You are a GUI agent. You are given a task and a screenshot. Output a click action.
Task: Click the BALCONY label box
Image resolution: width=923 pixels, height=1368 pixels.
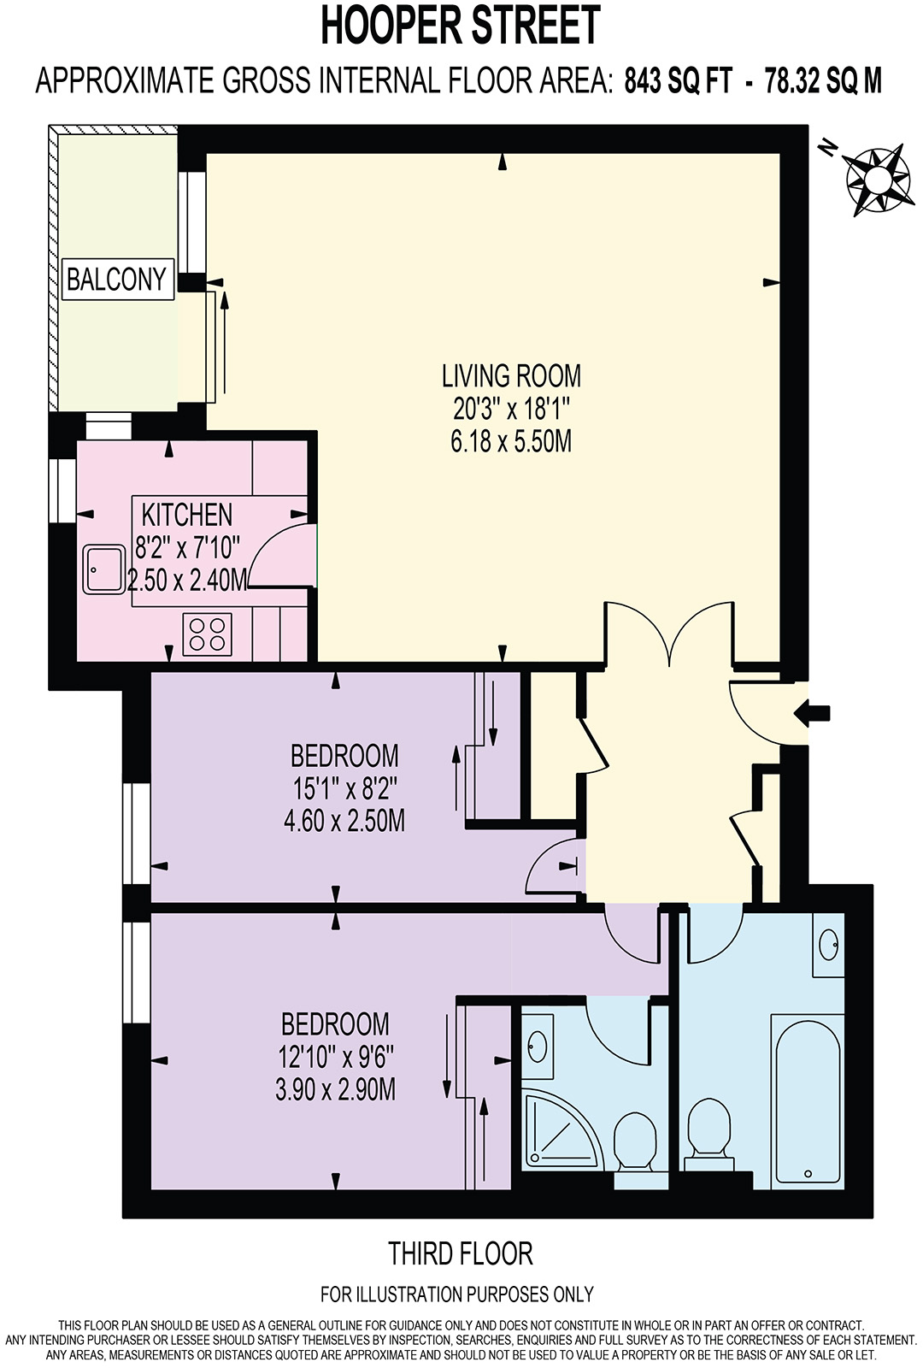(x=118, y=280)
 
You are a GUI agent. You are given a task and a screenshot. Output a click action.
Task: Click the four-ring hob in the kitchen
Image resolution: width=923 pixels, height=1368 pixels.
(x=208, y=634)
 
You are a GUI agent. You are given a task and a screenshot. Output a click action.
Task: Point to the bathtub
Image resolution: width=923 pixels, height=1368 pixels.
(x=807, y=1100)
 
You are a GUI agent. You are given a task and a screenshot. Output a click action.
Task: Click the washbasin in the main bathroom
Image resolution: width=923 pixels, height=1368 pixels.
(x=828, y=945)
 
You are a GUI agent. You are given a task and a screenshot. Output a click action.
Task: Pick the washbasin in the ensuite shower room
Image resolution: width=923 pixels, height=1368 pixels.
(x=538, y=1045)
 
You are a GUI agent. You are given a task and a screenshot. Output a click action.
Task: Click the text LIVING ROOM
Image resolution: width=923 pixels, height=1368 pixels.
(x=511, y=376)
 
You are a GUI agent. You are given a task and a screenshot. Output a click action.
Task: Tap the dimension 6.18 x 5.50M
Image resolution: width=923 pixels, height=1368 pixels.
(x=511, y=442)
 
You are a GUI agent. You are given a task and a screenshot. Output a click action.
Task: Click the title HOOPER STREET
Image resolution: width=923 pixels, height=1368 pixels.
(x=461, y=26)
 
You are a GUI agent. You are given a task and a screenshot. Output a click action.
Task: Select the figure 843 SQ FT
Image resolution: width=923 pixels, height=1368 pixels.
(x=679, y=82)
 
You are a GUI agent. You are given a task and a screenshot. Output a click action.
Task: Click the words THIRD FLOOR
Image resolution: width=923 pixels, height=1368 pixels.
(x=461, y=1254)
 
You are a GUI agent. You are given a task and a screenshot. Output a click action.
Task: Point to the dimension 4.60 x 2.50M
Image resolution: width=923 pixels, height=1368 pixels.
(x=344, y=821)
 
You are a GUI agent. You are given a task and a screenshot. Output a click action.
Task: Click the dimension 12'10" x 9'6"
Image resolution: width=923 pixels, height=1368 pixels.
(x=335, y=1057)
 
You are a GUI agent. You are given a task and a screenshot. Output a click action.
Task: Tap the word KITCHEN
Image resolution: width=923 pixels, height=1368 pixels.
(x=186, y=515)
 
